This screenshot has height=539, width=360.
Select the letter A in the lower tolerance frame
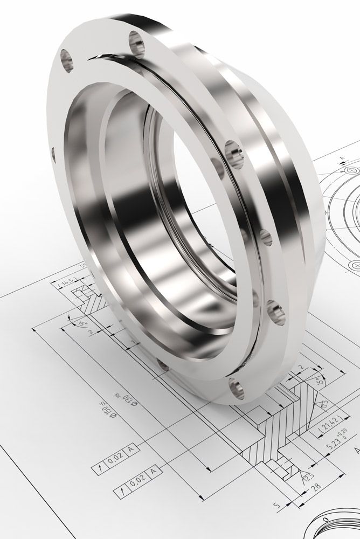153,472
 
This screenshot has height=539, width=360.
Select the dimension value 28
317,487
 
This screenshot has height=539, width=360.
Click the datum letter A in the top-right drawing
342,158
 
